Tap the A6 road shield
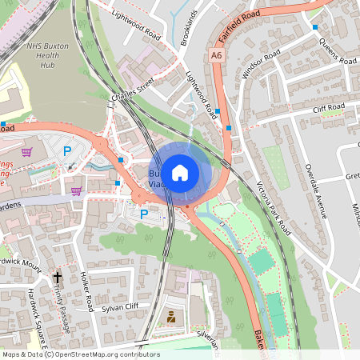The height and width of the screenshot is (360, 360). click(x=217, y=55)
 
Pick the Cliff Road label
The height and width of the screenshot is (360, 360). click(x=328, y=106)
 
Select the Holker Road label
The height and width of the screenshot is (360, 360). click(x=87, y=291)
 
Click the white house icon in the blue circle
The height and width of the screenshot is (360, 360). click(x=180, y=172)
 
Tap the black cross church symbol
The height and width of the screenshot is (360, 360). click(x=57, y=278)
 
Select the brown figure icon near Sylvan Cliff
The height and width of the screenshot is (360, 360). click(x=170, y=318)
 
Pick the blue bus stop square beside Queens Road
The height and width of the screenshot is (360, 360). click(x=315, y=27)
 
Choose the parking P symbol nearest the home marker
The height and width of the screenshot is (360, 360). click(x=144, y=214)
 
